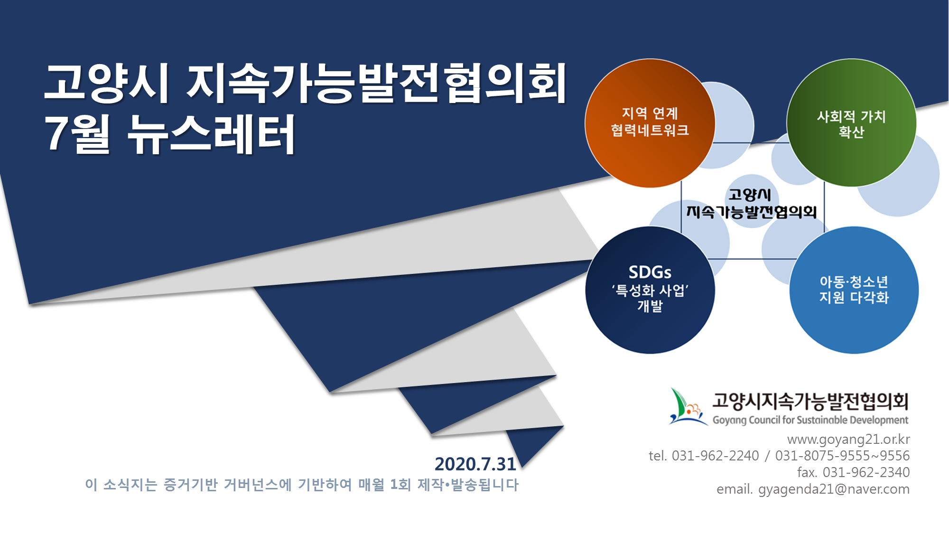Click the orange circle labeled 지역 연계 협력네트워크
(650, 123)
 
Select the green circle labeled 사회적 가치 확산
(852, 123)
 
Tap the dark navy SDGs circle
(650, 290)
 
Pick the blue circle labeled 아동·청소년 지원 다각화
(854, 290)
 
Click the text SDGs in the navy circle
(650, 272)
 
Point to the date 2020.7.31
(475, 464)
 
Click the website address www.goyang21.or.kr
(848, 440)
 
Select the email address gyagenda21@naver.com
(834, 489)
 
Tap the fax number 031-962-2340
(866, 472)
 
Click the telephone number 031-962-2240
(715, 456)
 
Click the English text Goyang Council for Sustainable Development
(810, 420)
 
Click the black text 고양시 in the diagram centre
(750, 195)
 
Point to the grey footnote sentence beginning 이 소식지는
(302, 485)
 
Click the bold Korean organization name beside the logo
(810, 401)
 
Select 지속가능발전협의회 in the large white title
(377, 83)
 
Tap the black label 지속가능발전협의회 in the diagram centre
(752, 212)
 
